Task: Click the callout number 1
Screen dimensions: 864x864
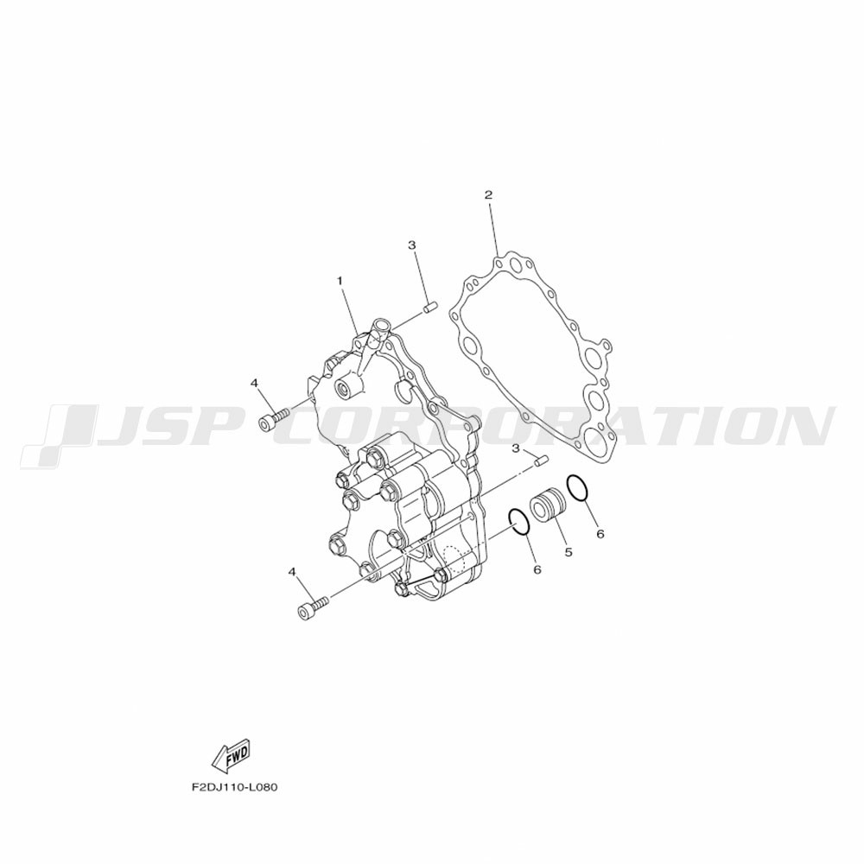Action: [340, 281]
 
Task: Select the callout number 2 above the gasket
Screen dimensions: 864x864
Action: [488, 194]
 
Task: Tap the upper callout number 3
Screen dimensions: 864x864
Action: [411, 245]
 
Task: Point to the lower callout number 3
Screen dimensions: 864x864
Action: [516, 448]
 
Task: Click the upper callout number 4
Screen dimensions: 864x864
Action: [255, 383]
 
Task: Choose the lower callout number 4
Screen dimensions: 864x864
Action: [293, 574]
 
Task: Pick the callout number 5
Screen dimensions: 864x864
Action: [569, 551]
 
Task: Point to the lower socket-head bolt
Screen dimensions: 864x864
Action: [313, 607]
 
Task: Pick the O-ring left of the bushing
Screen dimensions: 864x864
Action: [519, 521]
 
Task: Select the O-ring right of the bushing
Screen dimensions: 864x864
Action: [578, 488]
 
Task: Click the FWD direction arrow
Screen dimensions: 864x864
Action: [231, 757]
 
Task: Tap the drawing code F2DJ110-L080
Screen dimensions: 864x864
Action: [234, 787]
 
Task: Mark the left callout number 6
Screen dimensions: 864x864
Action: [537, 569]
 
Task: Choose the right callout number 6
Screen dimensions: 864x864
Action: [600, 534]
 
